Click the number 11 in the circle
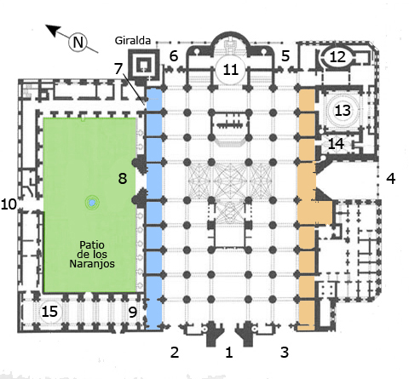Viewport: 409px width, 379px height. click(x=230, y=70)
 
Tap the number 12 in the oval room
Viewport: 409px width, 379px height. click(x=337, y=57)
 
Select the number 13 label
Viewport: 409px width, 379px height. click(x=343, y=111)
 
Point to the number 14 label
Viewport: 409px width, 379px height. click(x=336, y=144)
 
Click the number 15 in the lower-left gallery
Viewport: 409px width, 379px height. click(x=49, y=312)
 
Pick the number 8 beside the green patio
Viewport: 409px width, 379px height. click(x=123, y=179)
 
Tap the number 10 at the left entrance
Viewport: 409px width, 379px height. click(x=9, y=204)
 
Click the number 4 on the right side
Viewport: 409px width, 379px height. click(x=391, y=179)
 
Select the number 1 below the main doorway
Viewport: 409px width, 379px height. click(x=229, y=352)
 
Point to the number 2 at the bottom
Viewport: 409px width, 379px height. click(x=175, y=352)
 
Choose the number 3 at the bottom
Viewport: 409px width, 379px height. click(x=285, y=352)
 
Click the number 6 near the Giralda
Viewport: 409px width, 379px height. click(x=174, y=55)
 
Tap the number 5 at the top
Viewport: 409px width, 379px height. click(x=285, y=55)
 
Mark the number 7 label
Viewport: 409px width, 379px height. click(x=118, y=68)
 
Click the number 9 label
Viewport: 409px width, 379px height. click(x=133, y=313)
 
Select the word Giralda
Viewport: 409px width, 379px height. click(x=133, y=41)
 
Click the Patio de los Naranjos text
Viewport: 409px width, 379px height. click(x=92, y=255)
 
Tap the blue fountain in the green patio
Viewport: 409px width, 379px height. click(x=92, y=203)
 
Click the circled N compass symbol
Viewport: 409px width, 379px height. click(x=78, y=43)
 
